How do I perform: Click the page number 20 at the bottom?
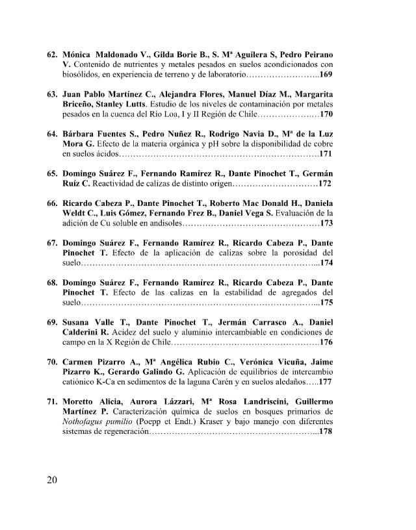click(53, 481)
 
